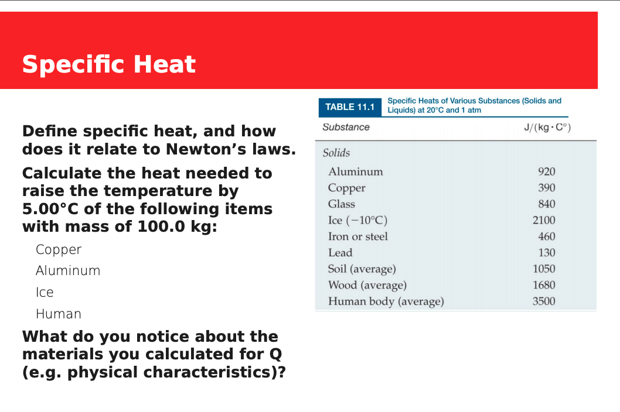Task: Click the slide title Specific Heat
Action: [x=109, y=64]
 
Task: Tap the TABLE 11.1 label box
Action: [x=349, y=107]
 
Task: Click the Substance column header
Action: [x=346, y=127]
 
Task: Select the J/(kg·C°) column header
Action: [x=547, y=128]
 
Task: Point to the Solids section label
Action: [x=336, y=153]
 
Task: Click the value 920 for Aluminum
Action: [x=546, y=171]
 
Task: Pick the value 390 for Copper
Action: [x=546, y=188]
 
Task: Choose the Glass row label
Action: [x=342, y=204]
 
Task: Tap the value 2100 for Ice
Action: [x=543, y=221]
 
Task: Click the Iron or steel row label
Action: [x=357, y=236]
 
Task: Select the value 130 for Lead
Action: [x=546, y=253]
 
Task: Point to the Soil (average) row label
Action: [x=362, y=269]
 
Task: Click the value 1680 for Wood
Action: [x=543, y=285]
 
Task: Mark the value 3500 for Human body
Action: [x=543, y=301]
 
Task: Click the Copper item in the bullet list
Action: [x=59, y=250]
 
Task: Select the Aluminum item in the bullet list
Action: [x=68, y=271]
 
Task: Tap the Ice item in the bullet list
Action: [x=45, y=293]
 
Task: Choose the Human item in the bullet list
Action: [x=59, y=314]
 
